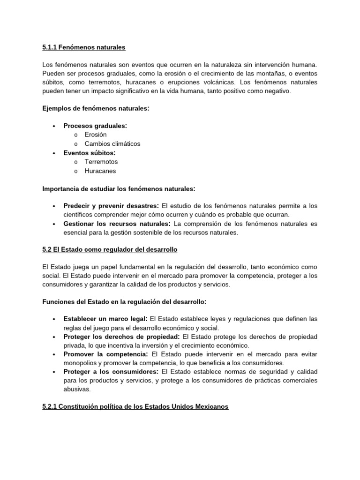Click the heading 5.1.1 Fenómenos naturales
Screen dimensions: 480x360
(x=83, y=47)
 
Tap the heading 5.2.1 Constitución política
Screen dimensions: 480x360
(x=135, y=406)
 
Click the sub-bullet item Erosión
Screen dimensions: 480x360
(x=96, y=135)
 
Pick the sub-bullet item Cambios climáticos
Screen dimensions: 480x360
(x=112, y=143)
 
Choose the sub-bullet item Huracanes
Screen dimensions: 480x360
(x=100, y=171)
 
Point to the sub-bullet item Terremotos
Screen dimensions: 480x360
(x=101, y=162)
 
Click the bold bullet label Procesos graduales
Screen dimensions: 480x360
(x=95, y=126)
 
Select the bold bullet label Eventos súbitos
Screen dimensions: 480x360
(x=90, y=153)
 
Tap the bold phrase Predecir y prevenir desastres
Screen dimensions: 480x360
(x=111, y=206)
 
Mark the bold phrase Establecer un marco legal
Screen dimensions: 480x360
(x=105, y=319)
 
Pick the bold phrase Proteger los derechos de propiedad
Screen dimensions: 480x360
(x=121, y=337)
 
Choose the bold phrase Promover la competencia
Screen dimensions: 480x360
(x=105, y=354)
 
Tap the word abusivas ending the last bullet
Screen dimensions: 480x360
(x=77, y=389)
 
